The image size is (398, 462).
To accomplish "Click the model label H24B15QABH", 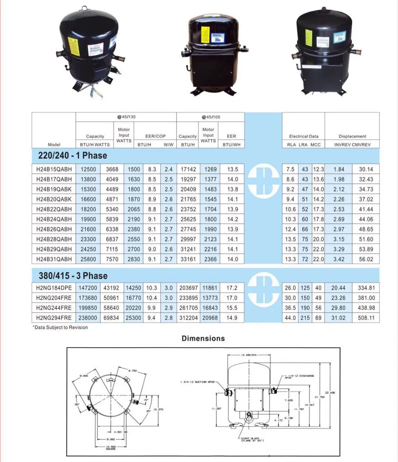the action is click(54, 169).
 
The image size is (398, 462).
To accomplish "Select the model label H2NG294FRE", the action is click(54, 318).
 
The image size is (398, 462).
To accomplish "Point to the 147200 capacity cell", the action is click(88, 288).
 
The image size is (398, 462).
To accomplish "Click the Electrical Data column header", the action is click(304, 136).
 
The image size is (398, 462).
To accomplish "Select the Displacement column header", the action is click(352, 136).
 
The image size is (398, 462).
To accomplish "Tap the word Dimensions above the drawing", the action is click(203, 338).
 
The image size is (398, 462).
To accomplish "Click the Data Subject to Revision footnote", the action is click(60, 327).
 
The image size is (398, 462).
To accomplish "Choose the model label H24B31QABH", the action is click(54, 259).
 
